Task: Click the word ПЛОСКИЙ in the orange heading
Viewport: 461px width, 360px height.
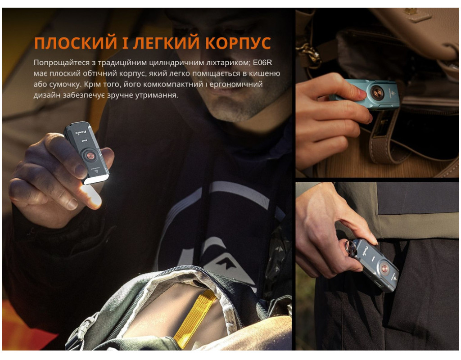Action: [76, 43]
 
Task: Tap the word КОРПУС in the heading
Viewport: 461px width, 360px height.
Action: [238, 43]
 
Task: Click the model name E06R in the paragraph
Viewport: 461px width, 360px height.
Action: [262, 62]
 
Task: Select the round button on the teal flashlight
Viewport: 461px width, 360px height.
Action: [377, 93]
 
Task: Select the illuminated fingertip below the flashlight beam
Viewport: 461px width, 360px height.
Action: [92, 198]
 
